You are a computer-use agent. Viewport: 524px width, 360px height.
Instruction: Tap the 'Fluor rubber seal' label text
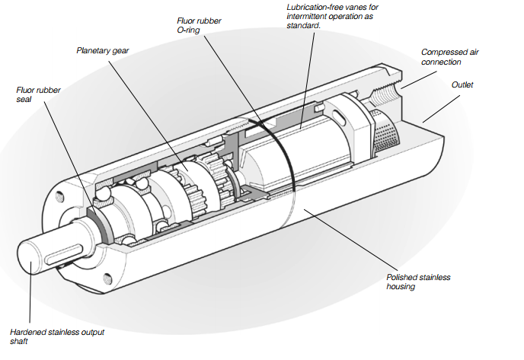pos(38,94)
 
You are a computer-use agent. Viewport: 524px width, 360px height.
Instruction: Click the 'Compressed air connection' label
pos(451,56)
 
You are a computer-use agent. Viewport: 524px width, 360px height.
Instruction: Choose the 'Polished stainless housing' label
pos(418,282)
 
